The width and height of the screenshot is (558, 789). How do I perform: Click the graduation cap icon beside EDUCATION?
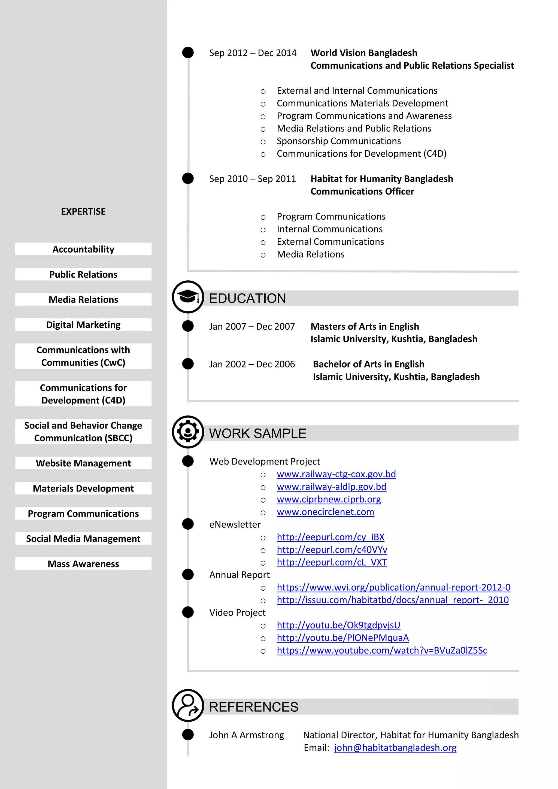click(x=188, y=297)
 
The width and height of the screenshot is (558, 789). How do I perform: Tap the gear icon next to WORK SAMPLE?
click(x=188, y=432)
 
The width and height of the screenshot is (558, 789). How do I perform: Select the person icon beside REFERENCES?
click(x=188, y=705)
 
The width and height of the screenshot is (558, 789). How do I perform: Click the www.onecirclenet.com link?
click(x=325, y=512)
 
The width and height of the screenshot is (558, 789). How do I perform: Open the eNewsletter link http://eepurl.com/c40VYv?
click(x=332, y=550)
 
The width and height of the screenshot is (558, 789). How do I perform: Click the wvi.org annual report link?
click(x=393, y=588)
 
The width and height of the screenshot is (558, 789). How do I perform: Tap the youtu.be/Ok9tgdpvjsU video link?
click(x=338, y=626)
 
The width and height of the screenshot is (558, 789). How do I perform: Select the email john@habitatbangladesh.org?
click(x=395, y=748)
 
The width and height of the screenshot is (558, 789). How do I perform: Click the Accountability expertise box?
click(x=83, y=249)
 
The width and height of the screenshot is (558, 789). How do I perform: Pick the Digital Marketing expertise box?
click(x=83, y=325)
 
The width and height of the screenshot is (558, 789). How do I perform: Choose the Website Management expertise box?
click(x=83, y=463)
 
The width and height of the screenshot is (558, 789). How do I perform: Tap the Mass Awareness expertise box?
click(x=83, y=564)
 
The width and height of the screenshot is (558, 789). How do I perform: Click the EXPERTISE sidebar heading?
click(x=83, y=212)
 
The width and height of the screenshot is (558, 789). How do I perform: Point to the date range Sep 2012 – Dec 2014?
click(x=253, y=53)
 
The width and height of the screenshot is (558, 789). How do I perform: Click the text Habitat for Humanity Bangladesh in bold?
click(x=381, y=179)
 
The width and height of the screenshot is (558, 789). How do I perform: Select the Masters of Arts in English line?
click(x=365, y=326)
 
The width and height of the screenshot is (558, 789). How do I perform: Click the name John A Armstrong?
click(x=246, y=735)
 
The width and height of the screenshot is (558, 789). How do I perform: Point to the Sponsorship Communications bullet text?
click(x=338, y=141)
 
